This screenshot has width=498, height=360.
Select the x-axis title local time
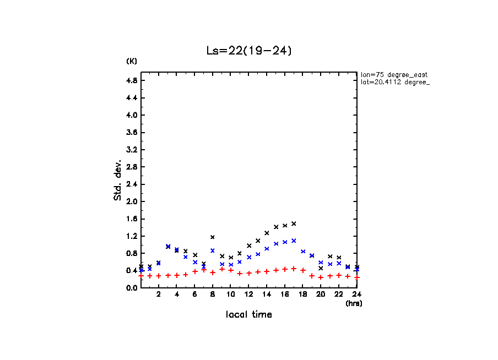coord(248,314)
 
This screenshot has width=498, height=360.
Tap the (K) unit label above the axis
coord(132,61)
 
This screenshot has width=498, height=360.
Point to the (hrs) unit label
coord(354,303)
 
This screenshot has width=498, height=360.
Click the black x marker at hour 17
coord(294,223)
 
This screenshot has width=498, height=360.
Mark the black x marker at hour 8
coord(213,237)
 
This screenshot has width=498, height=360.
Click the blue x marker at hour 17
coord(294,241)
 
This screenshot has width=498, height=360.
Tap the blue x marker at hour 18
coord(303,252)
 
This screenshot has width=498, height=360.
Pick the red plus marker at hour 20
coord(321,277)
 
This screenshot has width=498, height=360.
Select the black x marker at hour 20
coord(321,268)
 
